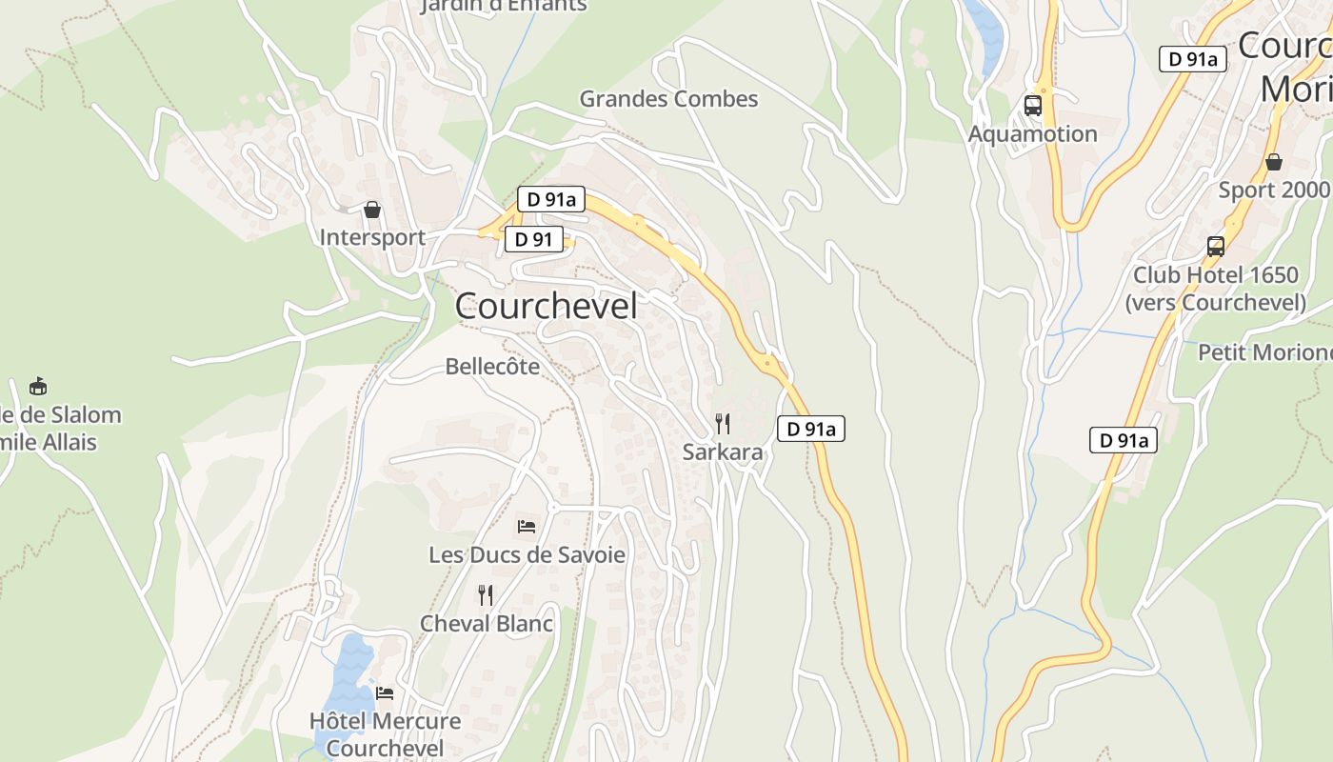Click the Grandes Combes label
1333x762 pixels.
click(x=668, y=99)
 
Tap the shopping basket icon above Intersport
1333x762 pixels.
click(x=372, y=210)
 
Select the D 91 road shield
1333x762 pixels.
click(x=533, y=239)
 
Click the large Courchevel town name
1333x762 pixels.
click(x=546, y=307)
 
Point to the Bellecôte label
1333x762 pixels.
click(x=492, y=367)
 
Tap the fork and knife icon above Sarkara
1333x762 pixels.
click(x=724, y=423)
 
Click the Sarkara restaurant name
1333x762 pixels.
click(x=723, y=452)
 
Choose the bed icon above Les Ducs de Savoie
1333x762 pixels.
click(x=527, y=526)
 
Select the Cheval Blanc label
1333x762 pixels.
click(x=487, y=624)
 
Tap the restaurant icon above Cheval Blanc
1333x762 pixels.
click(x=486, y=595)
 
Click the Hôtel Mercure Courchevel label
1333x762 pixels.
click(x=385, y=733)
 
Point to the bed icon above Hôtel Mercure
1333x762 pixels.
click(x=385, y=692)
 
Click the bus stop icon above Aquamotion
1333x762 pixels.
click(x=1033, y=106)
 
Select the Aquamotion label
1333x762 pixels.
click(x=1032, y=134)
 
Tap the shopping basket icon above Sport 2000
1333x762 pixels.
click(x=1274, y=162)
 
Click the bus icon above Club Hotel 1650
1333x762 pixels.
click(x=1216, y=247)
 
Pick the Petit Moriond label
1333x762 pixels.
click(x=1264, y=352)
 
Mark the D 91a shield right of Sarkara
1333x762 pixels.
click(x=811, y=430)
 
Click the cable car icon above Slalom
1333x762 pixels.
click(x=38, y=387)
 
